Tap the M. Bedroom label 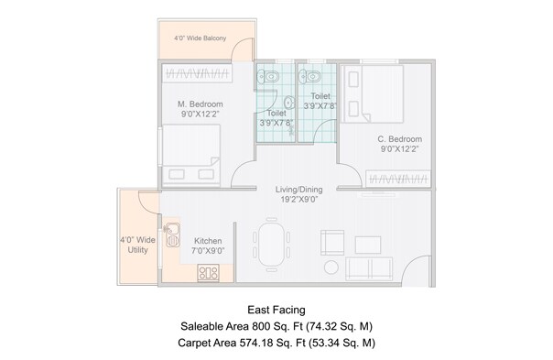tap(200, 104)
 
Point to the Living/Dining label tap(298, 191)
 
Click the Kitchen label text tap(207, 241)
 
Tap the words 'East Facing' tap(276, 310)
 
